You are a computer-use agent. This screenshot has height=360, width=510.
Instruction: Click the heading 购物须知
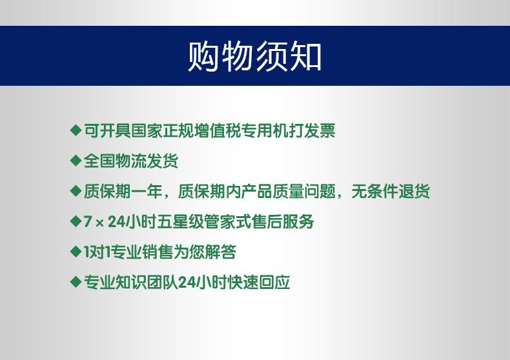point(255,56)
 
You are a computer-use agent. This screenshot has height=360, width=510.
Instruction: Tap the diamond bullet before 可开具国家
point(76,130)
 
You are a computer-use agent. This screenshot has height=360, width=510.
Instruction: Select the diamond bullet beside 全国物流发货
point(76,161)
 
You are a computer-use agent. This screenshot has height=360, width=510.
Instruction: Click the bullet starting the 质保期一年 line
point(76,191)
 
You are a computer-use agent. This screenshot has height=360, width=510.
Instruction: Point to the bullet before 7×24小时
point(76,221)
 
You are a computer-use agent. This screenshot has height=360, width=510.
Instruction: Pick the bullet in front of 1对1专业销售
point(76,252)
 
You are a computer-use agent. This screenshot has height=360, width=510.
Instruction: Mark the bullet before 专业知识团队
point(76,282)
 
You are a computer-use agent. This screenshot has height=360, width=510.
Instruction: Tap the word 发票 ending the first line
point(320,130)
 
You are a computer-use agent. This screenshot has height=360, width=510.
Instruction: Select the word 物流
point(131,161)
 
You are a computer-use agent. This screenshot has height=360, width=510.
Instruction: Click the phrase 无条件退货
point(391,191)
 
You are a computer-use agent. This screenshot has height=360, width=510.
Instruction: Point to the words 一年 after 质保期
point(147,191)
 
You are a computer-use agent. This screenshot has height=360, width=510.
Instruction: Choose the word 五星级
point(181,221)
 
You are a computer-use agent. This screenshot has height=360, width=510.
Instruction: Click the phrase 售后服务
point(283,221)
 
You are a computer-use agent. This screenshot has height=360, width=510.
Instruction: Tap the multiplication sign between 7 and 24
point(100,222)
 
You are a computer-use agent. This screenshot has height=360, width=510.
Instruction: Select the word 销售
point(158,252)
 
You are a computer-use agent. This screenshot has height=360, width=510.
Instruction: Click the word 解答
point(220,252)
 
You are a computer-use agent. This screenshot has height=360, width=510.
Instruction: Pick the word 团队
point(162,282)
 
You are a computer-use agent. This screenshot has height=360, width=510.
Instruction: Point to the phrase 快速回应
point(259,282)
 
